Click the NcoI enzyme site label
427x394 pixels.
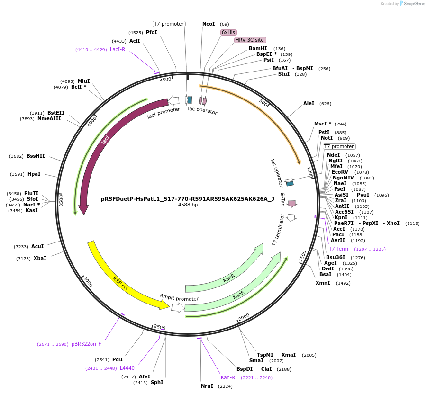209,24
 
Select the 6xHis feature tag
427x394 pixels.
228,32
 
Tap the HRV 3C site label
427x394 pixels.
250,40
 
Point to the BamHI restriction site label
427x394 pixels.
258,48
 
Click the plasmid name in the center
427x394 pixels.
188,199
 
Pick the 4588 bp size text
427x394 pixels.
188,205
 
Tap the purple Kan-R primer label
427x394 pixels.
228,377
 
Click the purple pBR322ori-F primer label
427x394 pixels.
86,344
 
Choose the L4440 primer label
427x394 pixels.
127,368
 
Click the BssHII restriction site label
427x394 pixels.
36,156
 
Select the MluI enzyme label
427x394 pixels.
83,81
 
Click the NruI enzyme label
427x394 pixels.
207,386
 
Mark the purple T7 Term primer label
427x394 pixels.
338,249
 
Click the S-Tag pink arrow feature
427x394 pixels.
292,203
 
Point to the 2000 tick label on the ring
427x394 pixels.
244,316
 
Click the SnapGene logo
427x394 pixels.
411,4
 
